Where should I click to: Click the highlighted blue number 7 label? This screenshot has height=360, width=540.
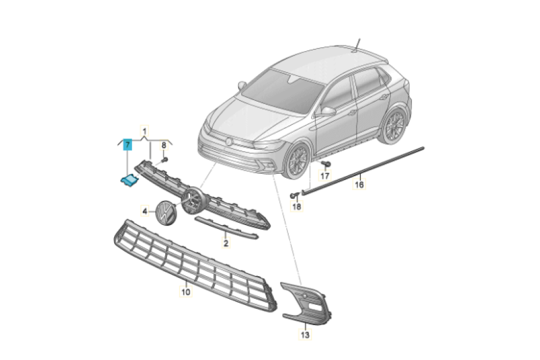pyautogui.click(x=128, y=145)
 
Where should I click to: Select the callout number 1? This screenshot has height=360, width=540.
pyautogui.click(x=145, y=131)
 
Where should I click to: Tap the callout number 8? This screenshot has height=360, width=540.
pyautogui.click(x=164, y=145)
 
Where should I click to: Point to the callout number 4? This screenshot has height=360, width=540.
pyautogui.click(x=145, y=211)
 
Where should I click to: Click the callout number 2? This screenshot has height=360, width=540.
pyautogui.click(x=226, y=243)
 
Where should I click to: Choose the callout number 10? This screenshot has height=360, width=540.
pyautogui.click(x=186, y=292)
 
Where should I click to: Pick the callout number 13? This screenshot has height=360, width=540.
pyautogui.click(x=305, y=335)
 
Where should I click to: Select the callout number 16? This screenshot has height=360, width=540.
pyautogui.click(x=359, y=184)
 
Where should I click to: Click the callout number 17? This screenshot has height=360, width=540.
pyautogui.click(x=325, y=176)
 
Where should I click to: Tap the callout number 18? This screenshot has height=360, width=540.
pyautogui.click(x=296, y=206)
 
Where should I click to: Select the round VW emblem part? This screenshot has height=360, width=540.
pyautogui.click(x=165, y=213)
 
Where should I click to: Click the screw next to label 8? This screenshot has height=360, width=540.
pyautogui.click(x=164, y=160)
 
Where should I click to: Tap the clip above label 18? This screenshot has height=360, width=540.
pyautogui.click(x=294, y=196)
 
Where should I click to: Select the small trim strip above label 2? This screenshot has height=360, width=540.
pyautogui.click(x=226, y=228)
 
